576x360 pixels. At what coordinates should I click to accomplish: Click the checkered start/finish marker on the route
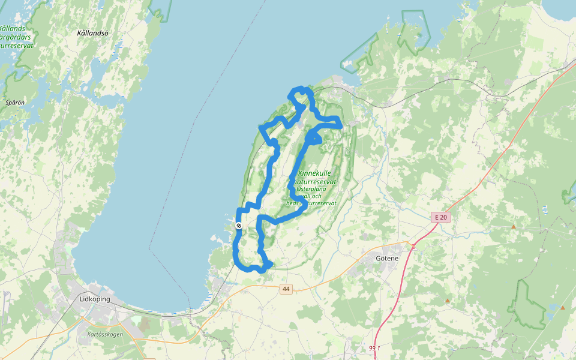click(x=239, y=226)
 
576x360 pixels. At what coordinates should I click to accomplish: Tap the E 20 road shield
click(x=440, y=217)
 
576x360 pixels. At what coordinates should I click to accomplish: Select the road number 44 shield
click(x=286, y=289)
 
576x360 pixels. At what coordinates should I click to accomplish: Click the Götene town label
click(x=387, y=258)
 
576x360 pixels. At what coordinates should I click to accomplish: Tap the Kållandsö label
click(x=93, y=33)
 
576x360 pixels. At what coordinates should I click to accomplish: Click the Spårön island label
click(x=15, y=103)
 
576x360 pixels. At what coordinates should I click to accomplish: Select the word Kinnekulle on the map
click(x=314, y=173)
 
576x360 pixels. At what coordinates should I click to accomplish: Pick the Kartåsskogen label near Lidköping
click(x=105, y=334)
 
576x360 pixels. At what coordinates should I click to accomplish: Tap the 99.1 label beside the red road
click(x=375, y=348)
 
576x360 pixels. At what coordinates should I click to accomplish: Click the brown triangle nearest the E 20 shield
click(x=514, y=226)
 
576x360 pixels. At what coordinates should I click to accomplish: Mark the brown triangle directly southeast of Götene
click(x=448, y=300)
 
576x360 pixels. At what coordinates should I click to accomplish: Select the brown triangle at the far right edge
click(x=563, y=308)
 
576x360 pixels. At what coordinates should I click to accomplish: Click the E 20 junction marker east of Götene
click(x=413, y=245)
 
